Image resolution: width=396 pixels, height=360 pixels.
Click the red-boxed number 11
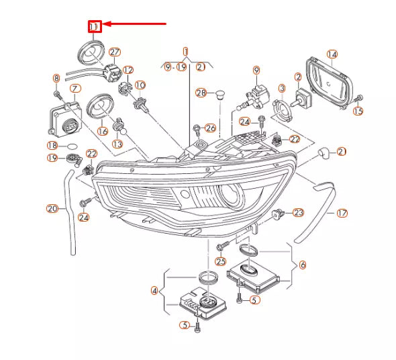coord(95,26)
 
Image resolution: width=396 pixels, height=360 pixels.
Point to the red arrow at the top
coord(134,24)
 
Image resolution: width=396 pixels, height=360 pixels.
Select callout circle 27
coord(114,52)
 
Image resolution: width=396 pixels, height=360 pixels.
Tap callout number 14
coord(332,54)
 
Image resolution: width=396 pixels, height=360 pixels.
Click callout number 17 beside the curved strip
coord(342,214)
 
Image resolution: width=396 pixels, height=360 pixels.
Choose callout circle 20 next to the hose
coord(52,208)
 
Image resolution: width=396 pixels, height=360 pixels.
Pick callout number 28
coord(201,93)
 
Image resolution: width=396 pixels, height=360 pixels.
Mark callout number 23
coord(298,212)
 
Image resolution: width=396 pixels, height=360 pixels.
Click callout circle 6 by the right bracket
coord(302,265)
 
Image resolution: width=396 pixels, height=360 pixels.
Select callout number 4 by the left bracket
coord(154,291)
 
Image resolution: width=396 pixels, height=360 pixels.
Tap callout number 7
coord(75,89)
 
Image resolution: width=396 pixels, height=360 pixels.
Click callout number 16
coord(103,132)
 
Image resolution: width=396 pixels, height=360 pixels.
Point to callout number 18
coord(52,146)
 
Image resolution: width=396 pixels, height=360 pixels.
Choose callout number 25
coord(221,261)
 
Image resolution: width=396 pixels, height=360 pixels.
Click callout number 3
coord(282,89)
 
